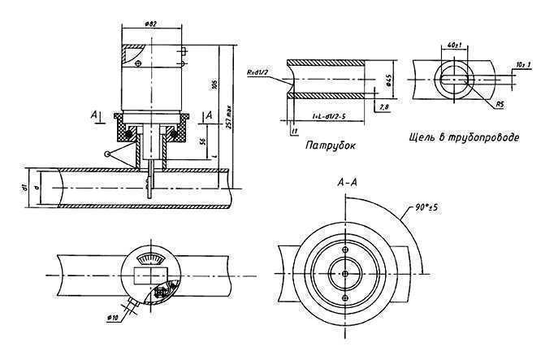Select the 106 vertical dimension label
point(213,85)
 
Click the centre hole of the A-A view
point(346,274)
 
